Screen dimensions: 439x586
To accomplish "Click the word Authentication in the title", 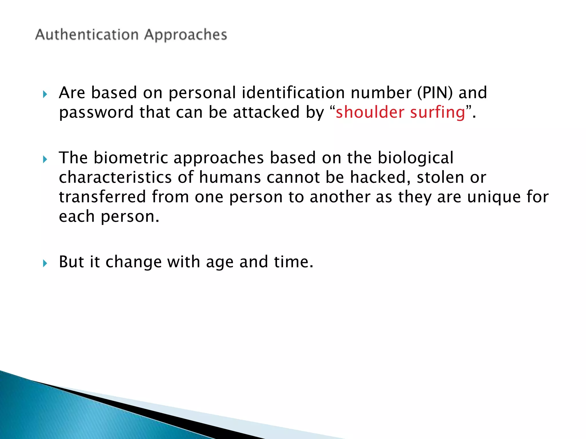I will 87,35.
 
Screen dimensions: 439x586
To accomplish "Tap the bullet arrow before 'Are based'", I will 45,94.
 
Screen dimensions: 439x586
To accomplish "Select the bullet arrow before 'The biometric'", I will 45,159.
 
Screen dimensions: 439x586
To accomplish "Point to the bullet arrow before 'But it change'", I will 45,263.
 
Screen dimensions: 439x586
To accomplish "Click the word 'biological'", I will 415,158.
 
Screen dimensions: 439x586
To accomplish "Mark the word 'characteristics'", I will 115,177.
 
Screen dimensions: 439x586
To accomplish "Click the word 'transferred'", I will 102,197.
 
